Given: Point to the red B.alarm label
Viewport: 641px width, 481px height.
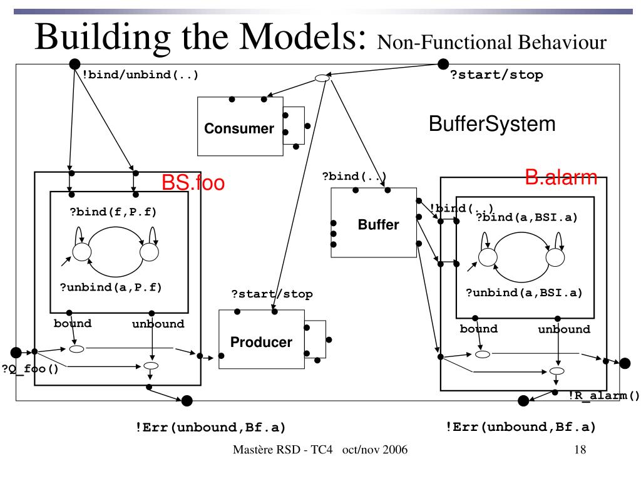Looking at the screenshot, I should click(561, 178).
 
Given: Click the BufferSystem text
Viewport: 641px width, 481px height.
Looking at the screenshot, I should click(491, 123).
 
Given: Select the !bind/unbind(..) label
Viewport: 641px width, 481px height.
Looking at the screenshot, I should click(140, 75).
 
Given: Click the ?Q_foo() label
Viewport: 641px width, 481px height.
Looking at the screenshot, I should click(30, 368).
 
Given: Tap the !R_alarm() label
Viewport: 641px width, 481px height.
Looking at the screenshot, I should click(604, 395).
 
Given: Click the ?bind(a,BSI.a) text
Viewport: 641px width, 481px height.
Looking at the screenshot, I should click(526, 217).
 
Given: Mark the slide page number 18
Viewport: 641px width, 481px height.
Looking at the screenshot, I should click(580, 450).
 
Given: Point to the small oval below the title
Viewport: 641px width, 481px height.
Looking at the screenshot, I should click(321, 78).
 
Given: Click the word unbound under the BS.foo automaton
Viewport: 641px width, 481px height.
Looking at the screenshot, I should click(158, 324).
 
